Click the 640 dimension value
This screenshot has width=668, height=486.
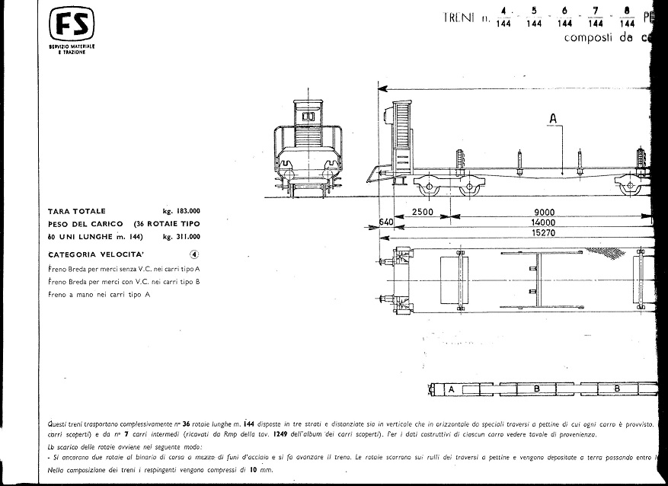pos(387,223)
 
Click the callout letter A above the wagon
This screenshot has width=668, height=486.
pos(554,117)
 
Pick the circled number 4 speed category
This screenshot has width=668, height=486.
pos(194,255)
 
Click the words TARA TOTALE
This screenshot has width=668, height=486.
pos(77,211)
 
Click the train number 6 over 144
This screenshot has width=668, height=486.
pos(564,17)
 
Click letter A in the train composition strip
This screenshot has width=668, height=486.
pos(452,389)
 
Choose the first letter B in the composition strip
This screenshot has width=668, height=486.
pos(536,389)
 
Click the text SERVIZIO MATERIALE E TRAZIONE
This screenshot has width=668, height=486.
pos(72,50)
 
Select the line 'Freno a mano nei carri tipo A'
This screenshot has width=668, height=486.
pos(98,295)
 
